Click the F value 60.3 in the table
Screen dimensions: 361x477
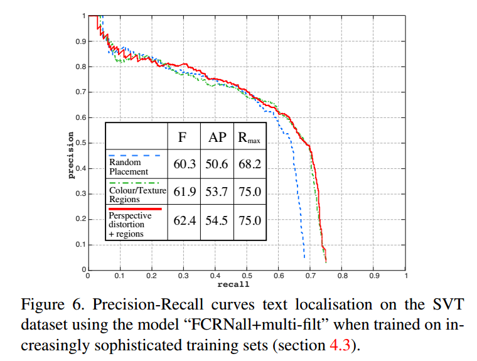[x=184, y=163]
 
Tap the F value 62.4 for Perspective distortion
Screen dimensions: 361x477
[x=184, y=222]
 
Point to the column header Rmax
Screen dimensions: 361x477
[x=249, y=137]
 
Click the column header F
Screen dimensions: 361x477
[x=184, y=137]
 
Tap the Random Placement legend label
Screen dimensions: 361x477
[x=128, y=167]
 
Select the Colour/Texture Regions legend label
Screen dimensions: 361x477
[x=134, y=195]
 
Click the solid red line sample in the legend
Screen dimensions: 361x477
[x=135, y=210]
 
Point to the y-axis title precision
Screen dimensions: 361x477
[x=72, y=155]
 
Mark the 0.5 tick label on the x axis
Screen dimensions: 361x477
[x=246, y=276]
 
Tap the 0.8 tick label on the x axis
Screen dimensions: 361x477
[x=342, y=276]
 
